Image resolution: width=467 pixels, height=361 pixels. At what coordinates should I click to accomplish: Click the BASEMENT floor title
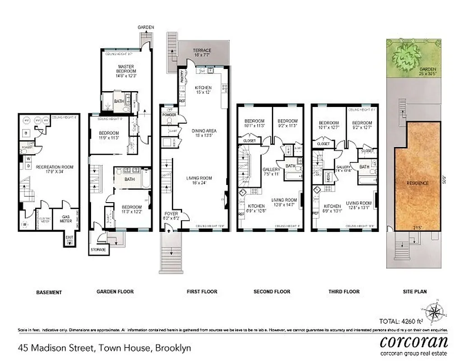(49, 292)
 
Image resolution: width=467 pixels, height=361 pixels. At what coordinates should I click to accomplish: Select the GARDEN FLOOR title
(115, 292)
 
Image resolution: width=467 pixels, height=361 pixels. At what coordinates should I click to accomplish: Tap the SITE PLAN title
(414, 292)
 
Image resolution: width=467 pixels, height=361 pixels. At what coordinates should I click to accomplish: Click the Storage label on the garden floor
(99, 250)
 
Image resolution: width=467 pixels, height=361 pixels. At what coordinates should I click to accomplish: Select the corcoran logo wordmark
(414, 341)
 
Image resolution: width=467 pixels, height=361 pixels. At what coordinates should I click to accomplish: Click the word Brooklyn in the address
(173, 348)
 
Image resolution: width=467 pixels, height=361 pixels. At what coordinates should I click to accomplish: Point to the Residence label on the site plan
(417, 183)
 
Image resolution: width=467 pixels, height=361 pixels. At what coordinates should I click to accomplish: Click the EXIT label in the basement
(69, 238)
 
